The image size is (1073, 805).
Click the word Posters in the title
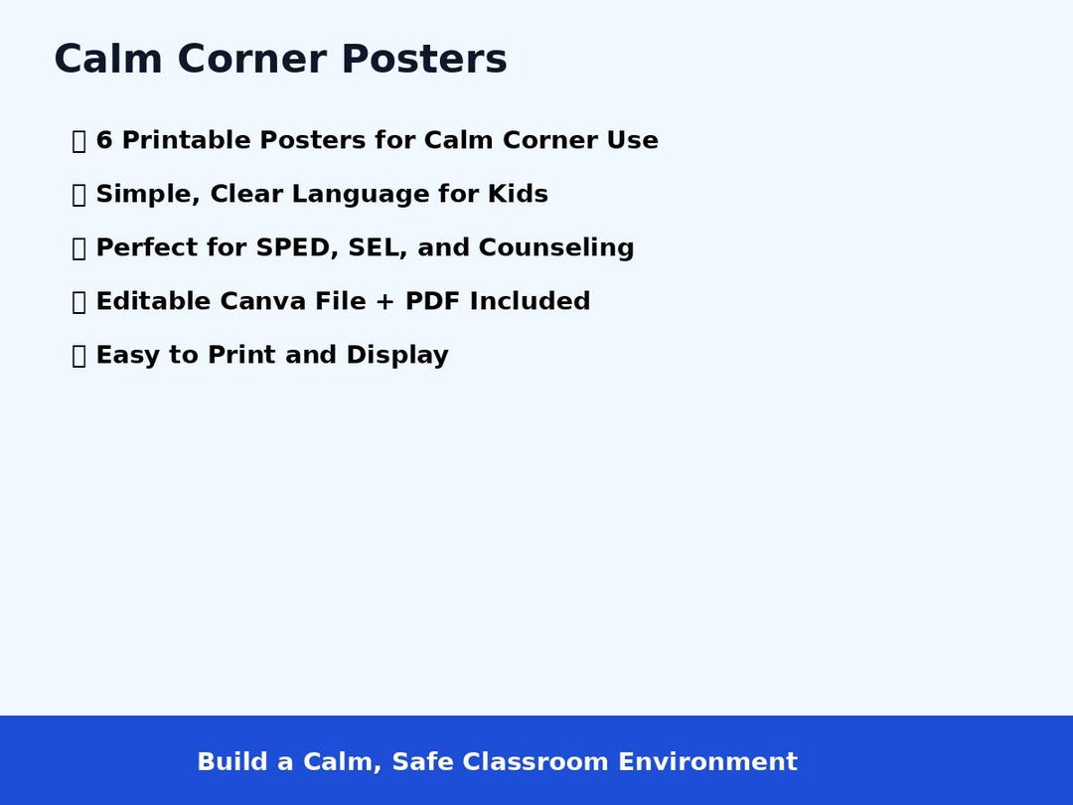coord(424,60)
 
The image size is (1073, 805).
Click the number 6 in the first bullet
coord(104,141)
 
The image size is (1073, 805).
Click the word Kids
coord(518,195)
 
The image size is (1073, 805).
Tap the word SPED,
coord(297,248)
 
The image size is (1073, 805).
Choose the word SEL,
coord(379,248)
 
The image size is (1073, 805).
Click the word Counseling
coord(556,248)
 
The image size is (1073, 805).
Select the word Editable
coord(154,302)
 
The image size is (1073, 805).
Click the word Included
coord(531,302)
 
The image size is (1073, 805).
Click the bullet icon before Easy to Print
coord(79,356)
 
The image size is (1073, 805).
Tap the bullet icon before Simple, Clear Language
coord(79,195)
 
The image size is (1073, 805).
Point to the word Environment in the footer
coord(707,762)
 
